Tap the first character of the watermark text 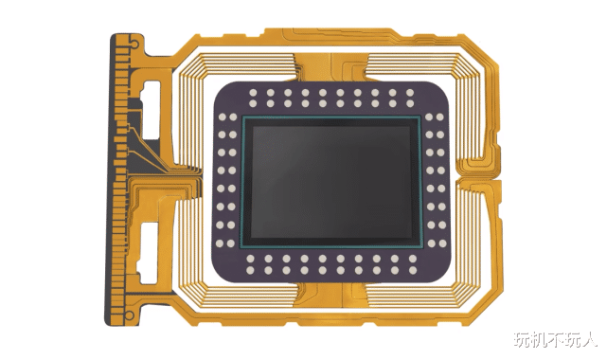(522, 339)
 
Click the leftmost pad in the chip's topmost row (254, 93)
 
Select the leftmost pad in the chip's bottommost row (254, 269)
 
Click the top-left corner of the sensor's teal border (244, 118)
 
